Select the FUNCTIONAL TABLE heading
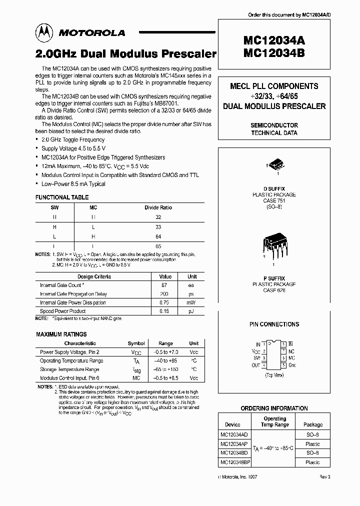[x=62, y=197]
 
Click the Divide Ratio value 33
[x=158, y=227]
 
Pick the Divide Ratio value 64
[x=158, y=236]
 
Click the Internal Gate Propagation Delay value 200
[x=165, y=294]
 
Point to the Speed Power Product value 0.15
[x=165, y=311]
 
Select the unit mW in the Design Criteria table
[x=192, y=302]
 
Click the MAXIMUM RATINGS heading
[x=61, y=334]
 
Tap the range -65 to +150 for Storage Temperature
[x=165, y=369]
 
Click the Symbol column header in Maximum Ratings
[x=136, y=343]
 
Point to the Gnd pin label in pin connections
[x=292, y=365]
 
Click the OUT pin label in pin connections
[x=256, y=365]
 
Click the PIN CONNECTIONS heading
[x=274, y=324]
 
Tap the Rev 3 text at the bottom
[x=325, y=477]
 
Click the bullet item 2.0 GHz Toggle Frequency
[x=73, y=140]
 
